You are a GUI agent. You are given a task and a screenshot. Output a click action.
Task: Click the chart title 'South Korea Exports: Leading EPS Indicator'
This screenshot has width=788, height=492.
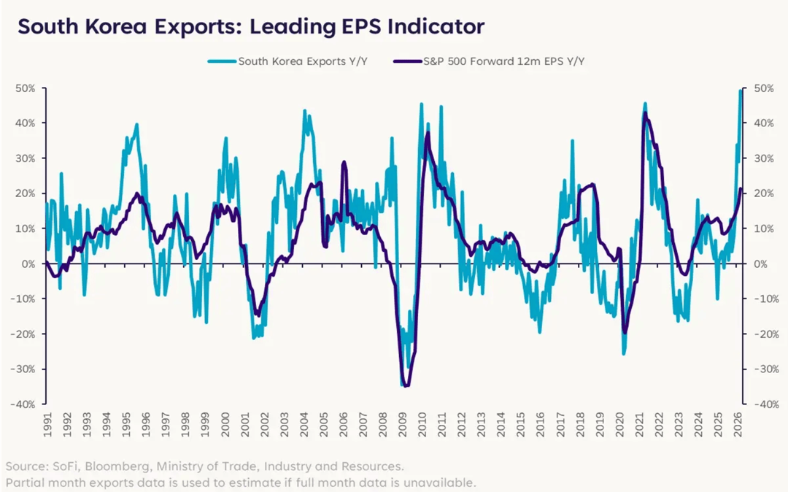point(250,27)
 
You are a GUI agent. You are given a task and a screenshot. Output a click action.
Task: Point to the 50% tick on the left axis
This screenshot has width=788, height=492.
point(27,88)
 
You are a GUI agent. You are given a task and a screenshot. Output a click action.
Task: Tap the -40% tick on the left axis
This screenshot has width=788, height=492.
point(26,404)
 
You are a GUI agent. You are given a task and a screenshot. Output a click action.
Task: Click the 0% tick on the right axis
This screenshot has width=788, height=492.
point(757,264)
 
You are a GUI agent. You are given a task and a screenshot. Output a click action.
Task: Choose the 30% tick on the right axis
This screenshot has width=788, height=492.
point(760,158)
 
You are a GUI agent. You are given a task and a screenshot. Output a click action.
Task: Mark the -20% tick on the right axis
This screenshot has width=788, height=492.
point(761,334)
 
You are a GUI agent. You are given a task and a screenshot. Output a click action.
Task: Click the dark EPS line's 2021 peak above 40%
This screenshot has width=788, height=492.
point(645,114)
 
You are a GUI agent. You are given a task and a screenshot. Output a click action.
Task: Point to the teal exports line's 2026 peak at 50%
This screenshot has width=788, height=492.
point(741,91)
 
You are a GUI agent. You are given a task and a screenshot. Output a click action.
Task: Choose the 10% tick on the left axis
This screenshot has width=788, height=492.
point(27,228)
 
